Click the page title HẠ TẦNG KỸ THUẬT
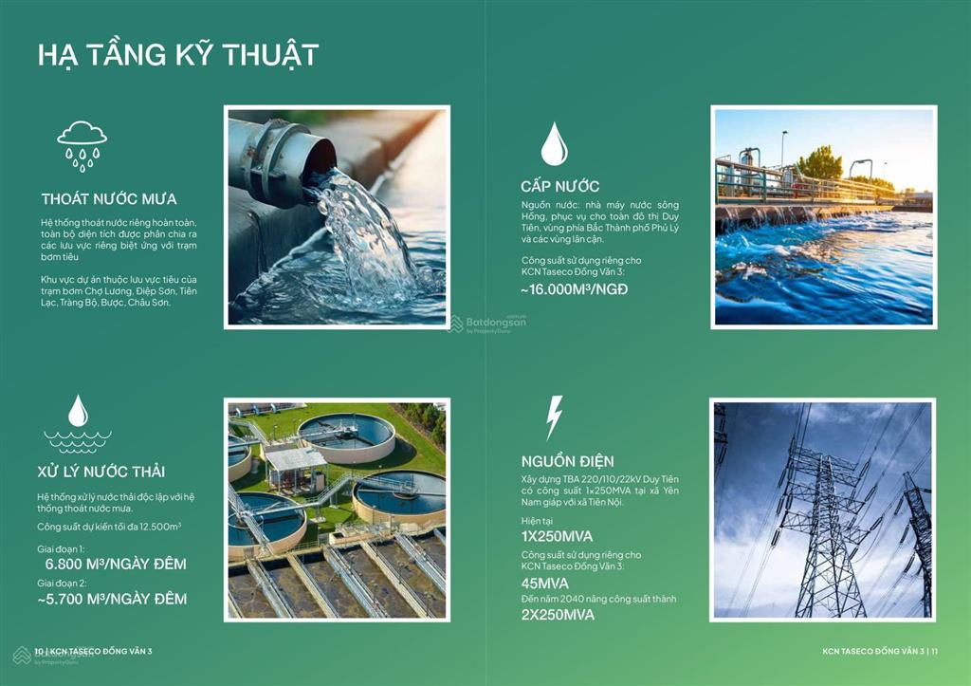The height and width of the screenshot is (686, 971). coord(177,55)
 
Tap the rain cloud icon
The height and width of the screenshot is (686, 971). coord(82,146)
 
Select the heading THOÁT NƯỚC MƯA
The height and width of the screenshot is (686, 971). coord(109,199)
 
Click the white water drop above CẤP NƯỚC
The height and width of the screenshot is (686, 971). coord(554,144)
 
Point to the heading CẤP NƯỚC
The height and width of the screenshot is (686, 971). coord(559,186)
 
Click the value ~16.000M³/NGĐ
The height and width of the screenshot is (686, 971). coord(574,289)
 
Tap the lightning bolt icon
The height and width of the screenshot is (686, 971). coord(554,417)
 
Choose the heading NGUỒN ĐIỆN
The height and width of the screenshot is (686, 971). coord(567,462)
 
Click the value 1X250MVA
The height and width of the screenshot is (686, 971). coord(557,537)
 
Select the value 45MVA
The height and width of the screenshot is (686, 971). coord(545,584)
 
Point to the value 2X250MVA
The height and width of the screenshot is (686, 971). coord(558,616)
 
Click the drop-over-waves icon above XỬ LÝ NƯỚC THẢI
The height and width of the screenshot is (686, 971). coord(78,423)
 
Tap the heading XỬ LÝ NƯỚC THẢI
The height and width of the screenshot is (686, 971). coord(101,472)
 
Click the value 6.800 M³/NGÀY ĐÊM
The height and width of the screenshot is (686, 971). coord(116,564)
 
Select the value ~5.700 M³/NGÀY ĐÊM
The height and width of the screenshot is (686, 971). coord(112,600)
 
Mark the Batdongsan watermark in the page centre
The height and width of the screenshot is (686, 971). coord(486,324)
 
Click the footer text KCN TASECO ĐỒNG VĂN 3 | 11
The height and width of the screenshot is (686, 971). coord(880,651)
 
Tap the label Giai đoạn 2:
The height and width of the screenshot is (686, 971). coord(62,584)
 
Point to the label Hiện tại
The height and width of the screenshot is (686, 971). coord(537,521)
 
